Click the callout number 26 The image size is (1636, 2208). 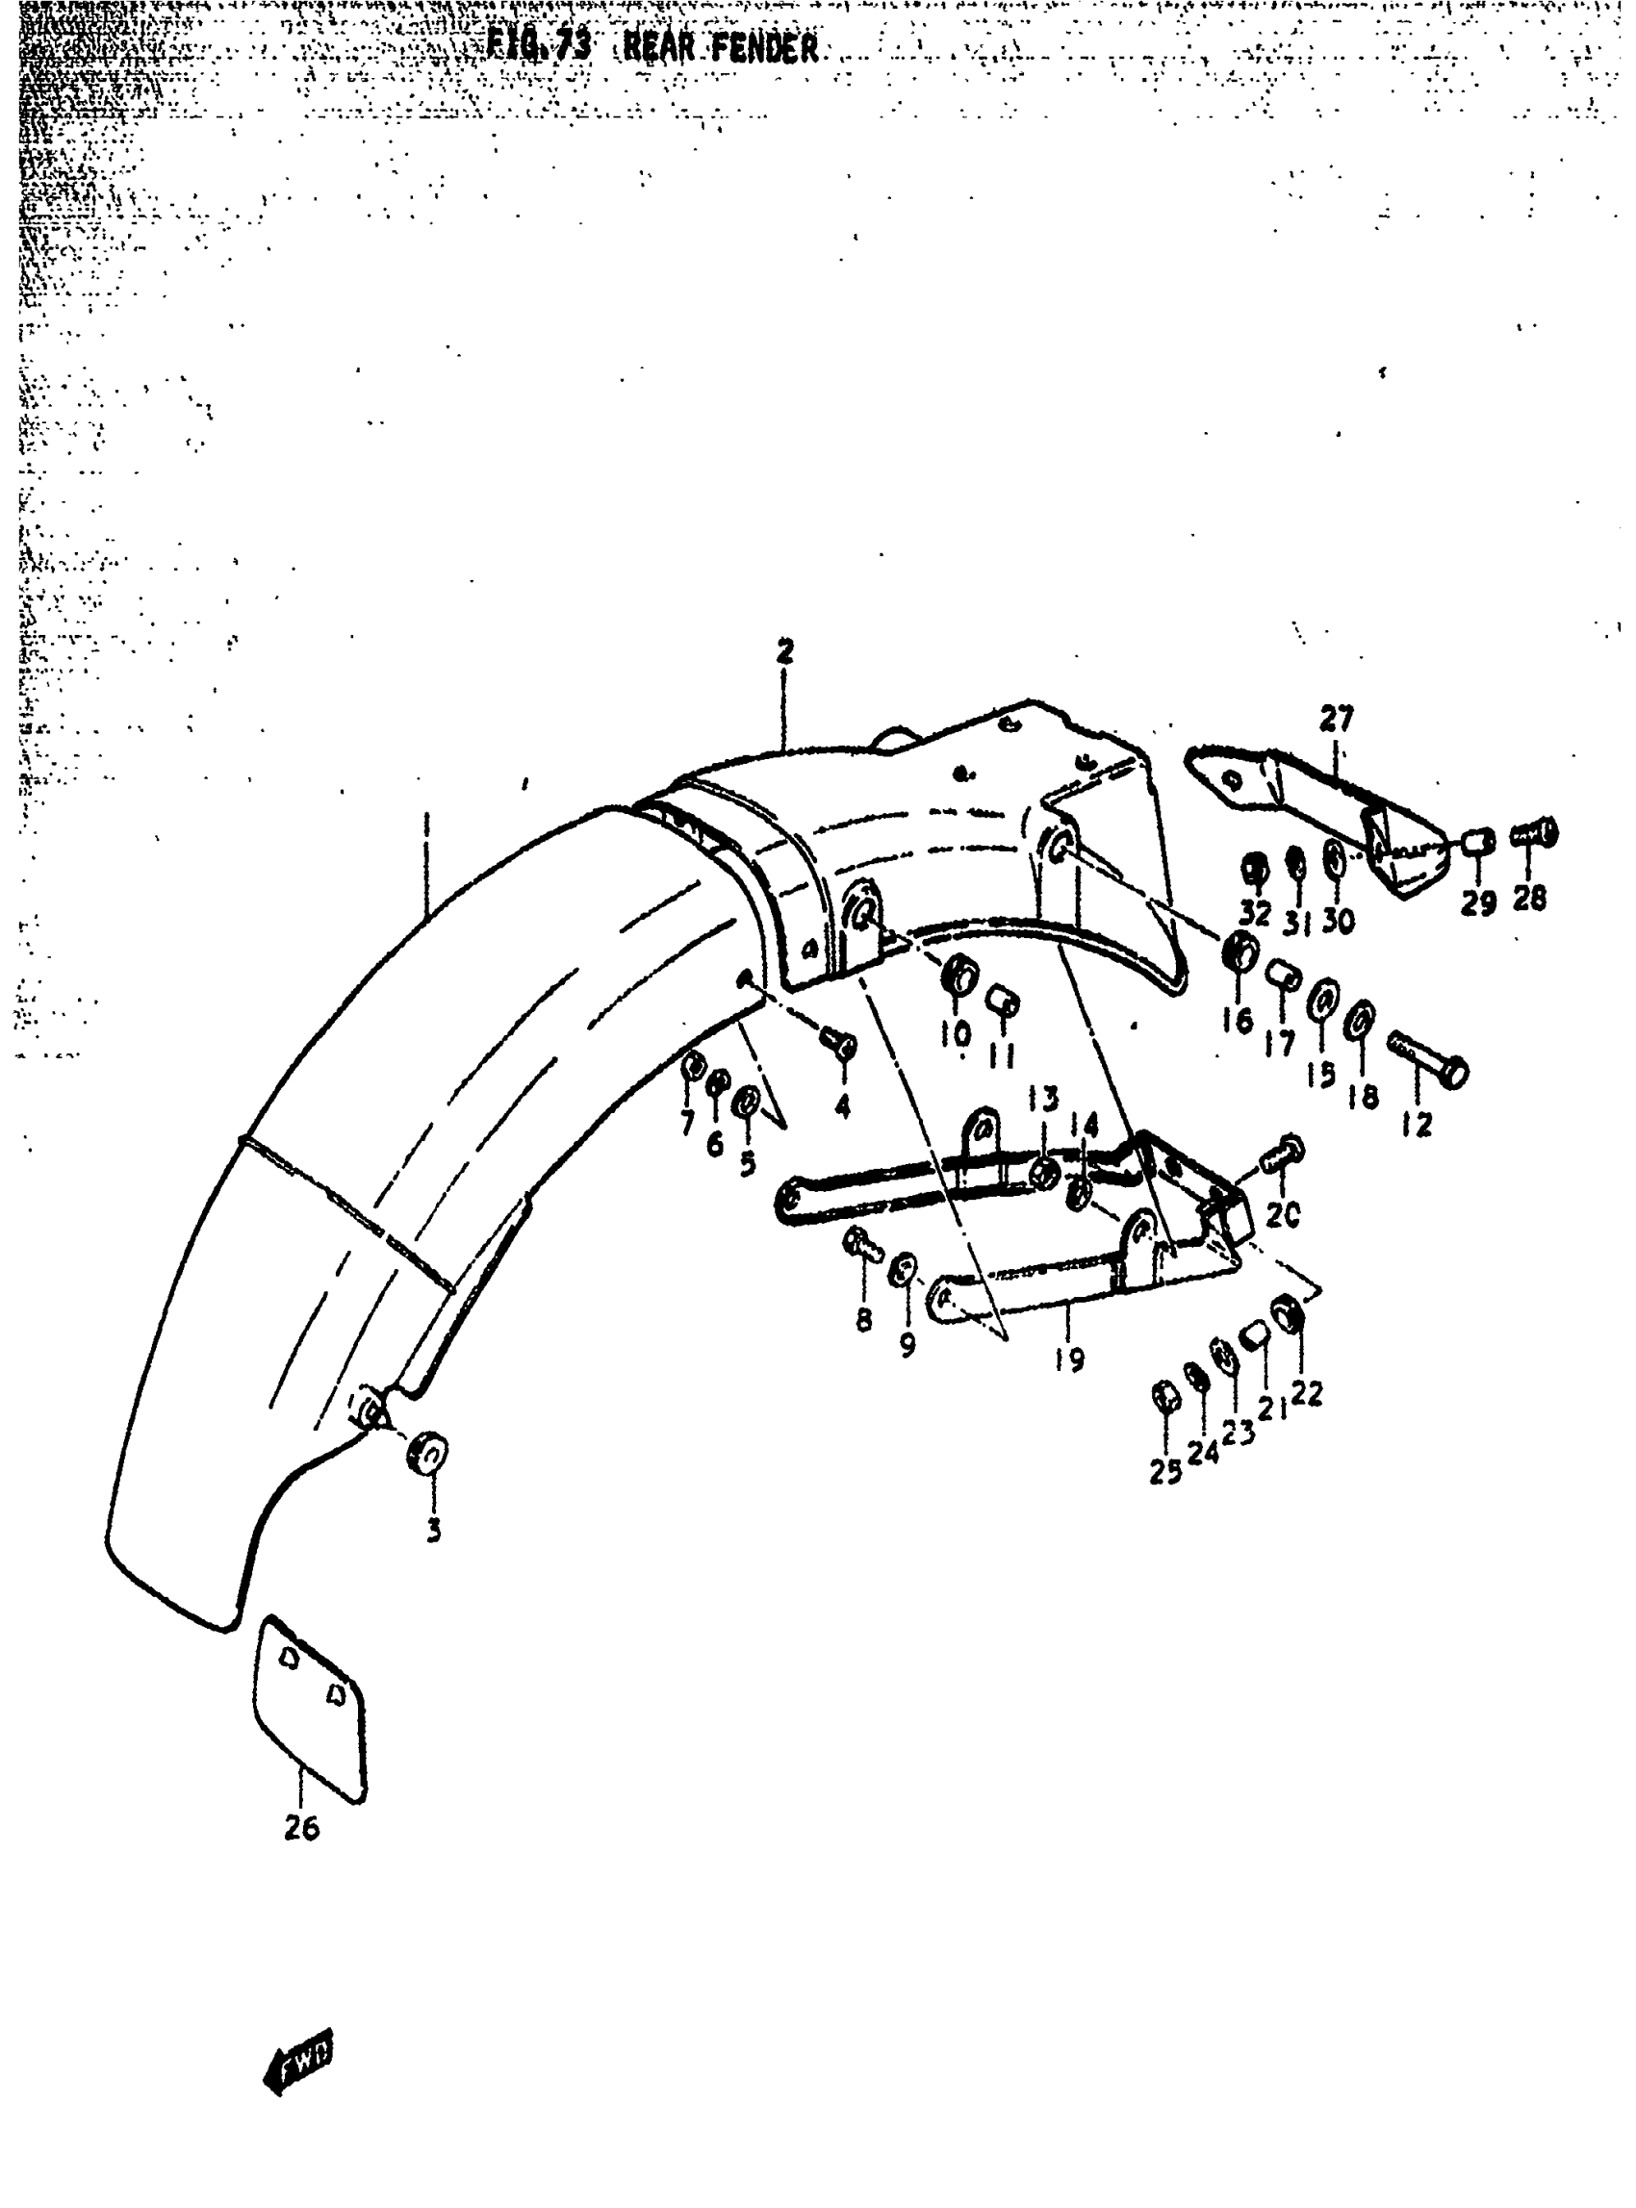point(301,1829)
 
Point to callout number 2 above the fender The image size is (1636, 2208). point(784,652)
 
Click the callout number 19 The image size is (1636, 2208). point(1069,1359)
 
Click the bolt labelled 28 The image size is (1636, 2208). point(1534,835)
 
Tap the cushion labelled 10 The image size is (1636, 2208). point(959,976)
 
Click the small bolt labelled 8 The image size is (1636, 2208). point(862,1244)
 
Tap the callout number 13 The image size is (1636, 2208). point(1043,1099)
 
